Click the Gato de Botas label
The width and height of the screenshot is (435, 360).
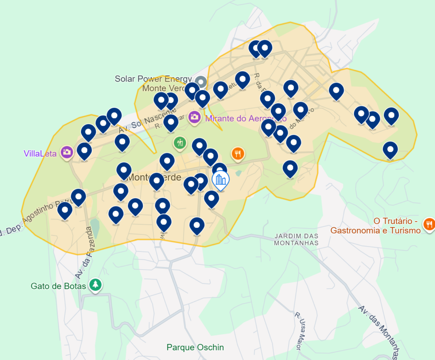click(x=58, y=286)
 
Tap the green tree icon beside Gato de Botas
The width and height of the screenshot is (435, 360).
click(x=96, y=284)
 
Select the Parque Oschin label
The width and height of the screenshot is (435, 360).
click(x=195, y=347)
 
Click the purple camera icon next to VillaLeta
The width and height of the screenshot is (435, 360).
click(x=67, y=152)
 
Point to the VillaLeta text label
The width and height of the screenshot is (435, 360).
click(x=41, y=153)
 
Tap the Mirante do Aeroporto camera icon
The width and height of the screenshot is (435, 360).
click(x=195, y=117)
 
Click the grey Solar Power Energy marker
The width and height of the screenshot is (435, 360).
click(x=201, y=82)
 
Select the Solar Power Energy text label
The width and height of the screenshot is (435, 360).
click(x=153, y=79)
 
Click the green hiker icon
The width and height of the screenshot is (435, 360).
click(x=180, y=142)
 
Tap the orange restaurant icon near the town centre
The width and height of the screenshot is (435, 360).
click(x=238, y=153)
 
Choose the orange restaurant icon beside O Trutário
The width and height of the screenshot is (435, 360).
click(x=428, y=224)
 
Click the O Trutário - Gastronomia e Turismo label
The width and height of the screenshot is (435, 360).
click(x=375, y=226)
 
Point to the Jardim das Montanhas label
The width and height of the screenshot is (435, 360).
click(x=296, y=239)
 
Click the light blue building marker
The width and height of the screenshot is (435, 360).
click(x=220, y=180)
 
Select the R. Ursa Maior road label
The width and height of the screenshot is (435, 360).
click(x=300, y=331)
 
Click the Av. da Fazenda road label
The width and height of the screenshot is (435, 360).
click(x=84, y=253)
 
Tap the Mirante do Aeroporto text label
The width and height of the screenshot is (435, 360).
click(x=246, y=119)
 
